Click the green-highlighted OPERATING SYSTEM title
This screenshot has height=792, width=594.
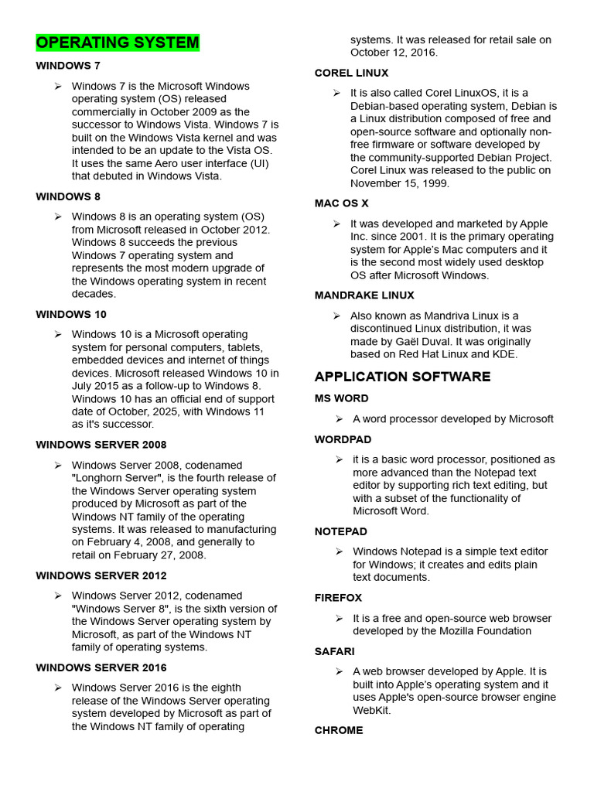(118, 43)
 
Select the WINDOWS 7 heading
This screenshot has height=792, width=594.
(68, 66)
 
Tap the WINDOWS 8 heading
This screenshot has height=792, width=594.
(68, 196)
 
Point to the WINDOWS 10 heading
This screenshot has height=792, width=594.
(71, 314)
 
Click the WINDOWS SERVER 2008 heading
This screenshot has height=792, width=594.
(101, 445)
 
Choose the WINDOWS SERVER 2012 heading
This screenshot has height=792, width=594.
(101, 575)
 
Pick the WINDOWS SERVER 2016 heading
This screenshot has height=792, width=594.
(101, 667)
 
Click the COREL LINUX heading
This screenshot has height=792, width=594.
(351, 73)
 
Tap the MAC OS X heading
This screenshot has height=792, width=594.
(341, 203)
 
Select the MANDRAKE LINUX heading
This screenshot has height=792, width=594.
(364, 295)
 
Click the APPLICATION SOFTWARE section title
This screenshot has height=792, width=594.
(402, 377)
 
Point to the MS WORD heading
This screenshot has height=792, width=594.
(341, 398)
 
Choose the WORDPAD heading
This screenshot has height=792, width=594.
(343, 439)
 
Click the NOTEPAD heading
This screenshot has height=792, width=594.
(340, 531)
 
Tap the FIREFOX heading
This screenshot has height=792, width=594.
(338, 598)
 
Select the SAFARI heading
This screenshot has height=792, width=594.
(334, 651)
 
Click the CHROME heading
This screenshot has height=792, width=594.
(338, 730)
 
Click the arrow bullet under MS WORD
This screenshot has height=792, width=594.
(339, 418)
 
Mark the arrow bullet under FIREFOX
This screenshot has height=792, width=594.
(339, 618)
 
